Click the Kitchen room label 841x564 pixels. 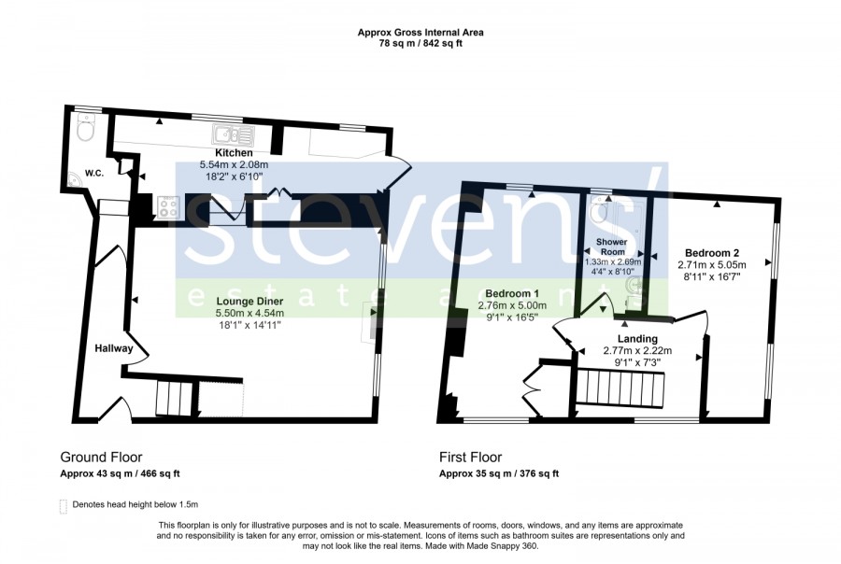tap(234, 153)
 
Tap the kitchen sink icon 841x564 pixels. tap(234, 133)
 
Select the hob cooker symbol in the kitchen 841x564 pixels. tap(168, 207)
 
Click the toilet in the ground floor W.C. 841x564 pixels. tap(85, 128)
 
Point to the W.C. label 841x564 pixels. tap(93, 173)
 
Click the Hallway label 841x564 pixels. tap(114, 348)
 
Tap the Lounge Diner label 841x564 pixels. tap(249, 302)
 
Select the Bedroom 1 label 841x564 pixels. tap(512, 294)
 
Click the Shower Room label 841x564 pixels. tap(612, 247)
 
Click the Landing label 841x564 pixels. tap(637, 339)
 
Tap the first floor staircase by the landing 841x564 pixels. tap(621, 388)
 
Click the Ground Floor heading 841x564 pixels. tap(101, 458)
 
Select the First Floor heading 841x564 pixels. tap(470, 458)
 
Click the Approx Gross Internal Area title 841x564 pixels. tap(420, 32)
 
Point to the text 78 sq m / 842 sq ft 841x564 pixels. tap(420, 44)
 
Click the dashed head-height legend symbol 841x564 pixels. tap(64, 506)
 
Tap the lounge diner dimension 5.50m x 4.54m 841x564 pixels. tap(249, 313)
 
